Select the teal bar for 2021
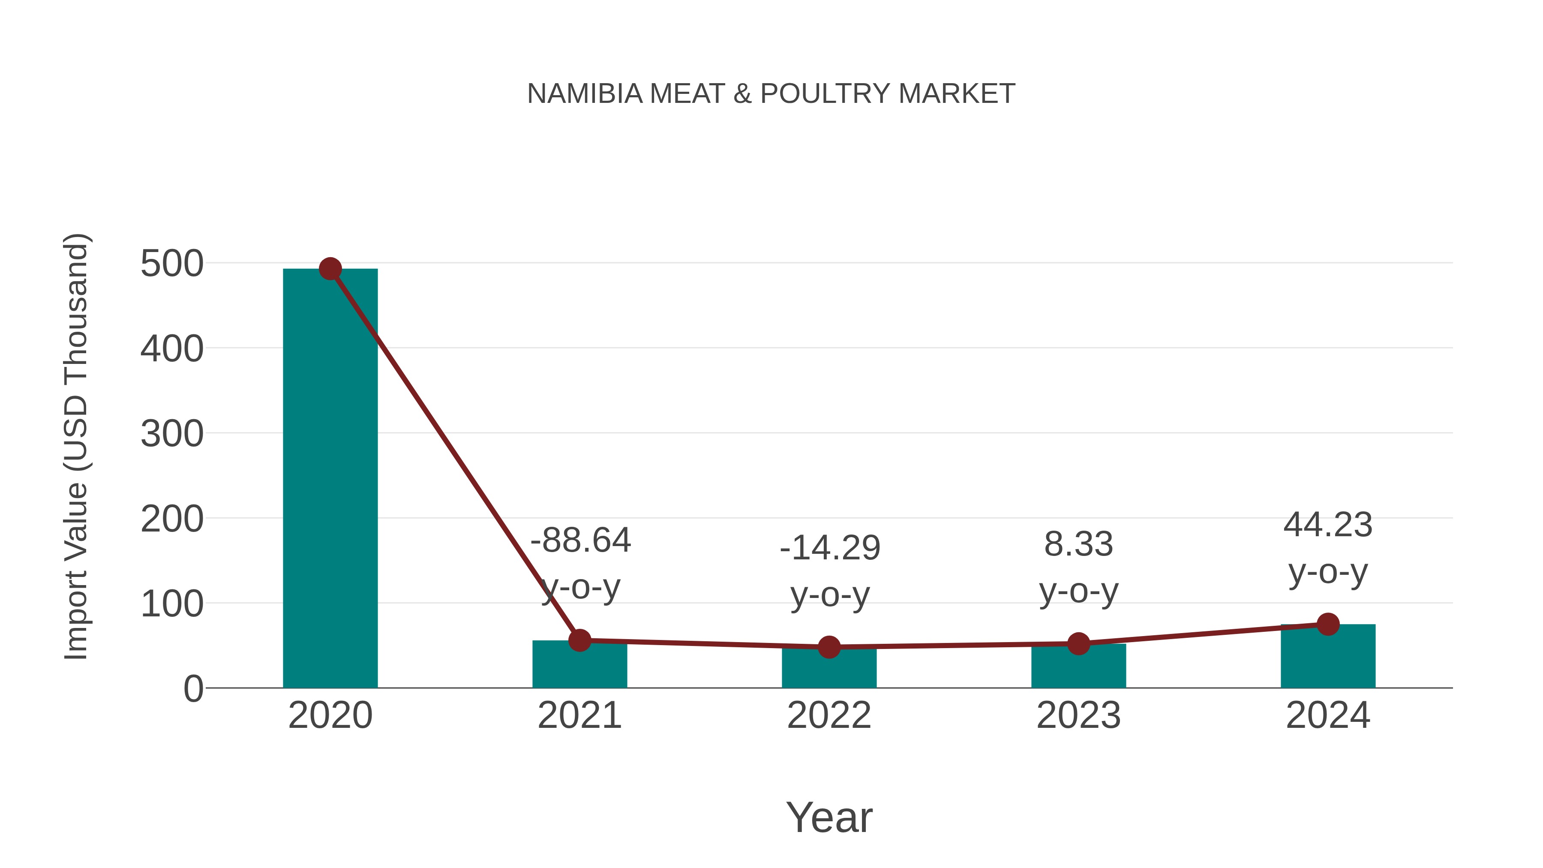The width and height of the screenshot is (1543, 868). tap(579, 666)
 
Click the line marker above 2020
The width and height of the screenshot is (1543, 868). tap(330, 269)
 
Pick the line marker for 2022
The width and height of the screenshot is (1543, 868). tap(829, 647)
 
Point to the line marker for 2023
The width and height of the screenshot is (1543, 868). tap(1078, 644)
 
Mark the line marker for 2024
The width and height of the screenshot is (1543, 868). tap(1327, 624)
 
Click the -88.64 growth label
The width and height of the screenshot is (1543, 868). tap(580, 541)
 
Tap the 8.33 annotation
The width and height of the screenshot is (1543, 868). tap(1078, 544)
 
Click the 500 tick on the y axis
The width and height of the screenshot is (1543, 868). tap(172, 264)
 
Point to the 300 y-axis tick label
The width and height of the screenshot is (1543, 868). tap(172, 434)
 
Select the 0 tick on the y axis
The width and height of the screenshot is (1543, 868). tap(193, 689)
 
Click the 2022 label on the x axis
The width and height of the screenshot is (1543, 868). tap(829, 715)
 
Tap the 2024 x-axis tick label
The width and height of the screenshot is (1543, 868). tap(1327, 715)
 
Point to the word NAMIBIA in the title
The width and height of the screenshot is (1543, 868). tap(585, 94)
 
